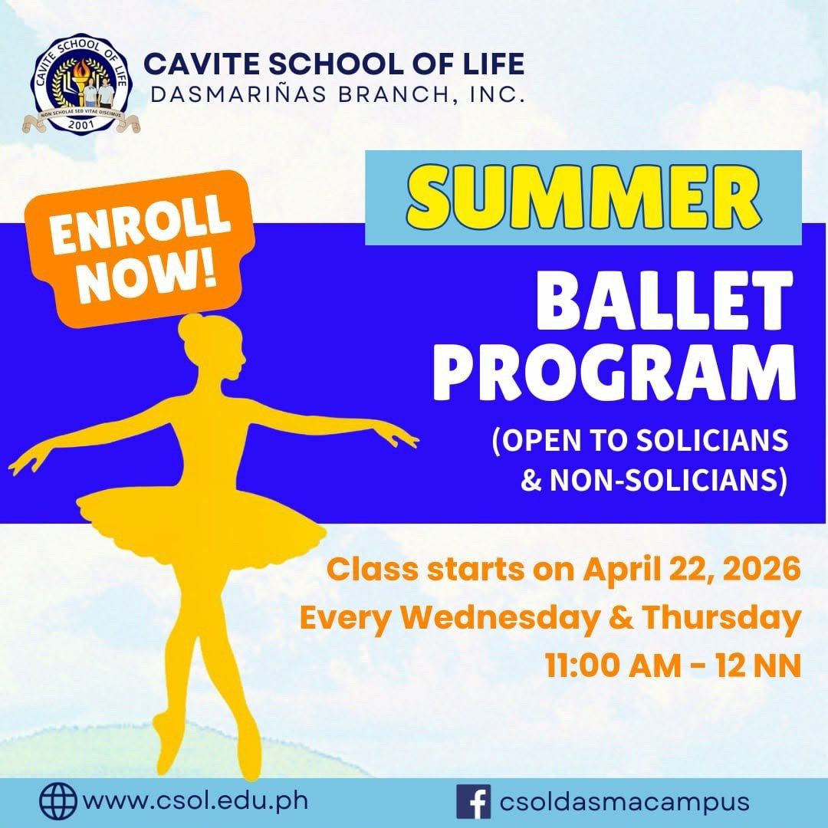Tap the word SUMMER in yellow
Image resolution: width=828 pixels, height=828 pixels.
point(583,198)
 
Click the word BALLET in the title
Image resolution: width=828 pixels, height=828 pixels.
point(664,301)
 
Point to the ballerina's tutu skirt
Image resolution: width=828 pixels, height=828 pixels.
point(201,523)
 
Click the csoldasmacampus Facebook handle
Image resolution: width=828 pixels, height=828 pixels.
point(624,802)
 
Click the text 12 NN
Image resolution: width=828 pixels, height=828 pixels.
point(758,666)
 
